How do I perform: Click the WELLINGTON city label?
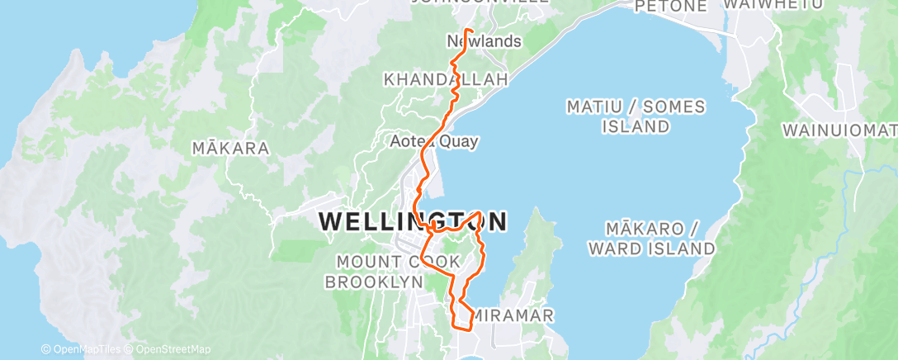pos(412,221)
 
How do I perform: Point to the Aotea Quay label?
pos(434,141)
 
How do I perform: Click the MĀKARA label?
pos(230,149)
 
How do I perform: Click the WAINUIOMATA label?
pos(839,130)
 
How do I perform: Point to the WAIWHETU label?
pos(763,5)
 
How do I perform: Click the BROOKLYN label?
pos(374,282)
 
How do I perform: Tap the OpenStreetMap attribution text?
pos(169,349)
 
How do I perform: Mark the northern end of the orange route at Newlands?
pos(467,30)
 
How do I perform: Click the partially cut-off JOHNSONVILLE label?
pos(479,2)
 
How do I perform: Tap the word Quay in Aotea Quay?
pos(461,141)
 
